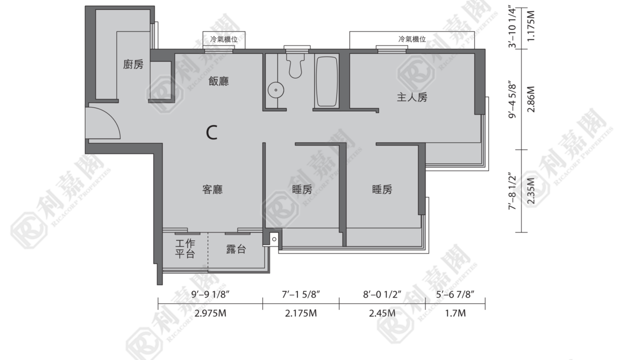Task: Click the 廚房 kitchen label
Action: tap(133, 65)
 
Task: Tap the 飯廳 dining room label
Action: tap(218, 81)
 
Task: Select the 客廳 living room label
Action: tap(212, 189)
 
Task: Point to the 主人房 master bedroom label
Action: tap(412, 97)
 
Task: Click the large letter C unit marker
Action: tap(211, 132)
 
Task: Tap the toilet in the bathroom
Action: tap(295, 65)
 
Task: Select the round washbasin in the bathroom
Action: tap(276, 90)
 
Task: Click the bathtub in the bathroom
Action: tap(327, 81)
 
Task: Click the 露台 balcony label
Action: tap(236, 249)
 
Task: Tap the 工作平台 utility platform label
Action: tap(185, 249)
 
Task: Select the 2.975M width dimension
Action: tap(210, 313)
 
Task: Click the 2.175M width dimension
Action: tap(301, 313)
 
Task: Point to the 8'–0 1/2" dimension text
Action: tap(382, 294)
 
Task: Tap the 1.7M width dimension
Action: tap(455, 313)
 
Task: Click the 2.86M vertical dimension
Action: tap(531, 99)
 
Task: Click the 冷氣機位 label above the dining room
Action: tap(224, 39)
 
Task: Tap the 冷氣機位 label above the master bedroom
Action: tap(412, 39)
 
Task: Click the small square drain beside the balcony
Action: tap(274, 239)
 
